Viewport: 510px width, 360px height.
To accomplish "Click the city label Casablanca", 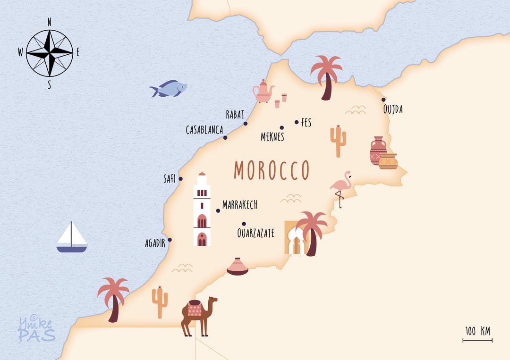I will [204, 130].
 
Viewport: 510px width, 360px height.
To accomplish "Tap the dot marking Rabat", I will [245, 124].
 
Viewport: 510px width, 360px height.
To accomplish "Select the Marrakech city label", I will [240, 205].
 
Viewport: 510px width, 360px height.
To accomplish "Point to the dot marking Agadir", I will [170, 240].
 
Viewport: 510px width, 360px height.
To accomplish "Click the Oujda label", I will [393, 110].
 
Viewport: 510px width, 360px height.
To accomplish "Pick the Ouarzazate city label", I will [255, 233].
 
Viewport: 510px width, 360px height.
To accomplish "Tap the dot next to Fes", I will [297, 122].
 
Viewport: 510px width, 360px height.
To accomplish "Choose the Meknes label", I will [272, 137].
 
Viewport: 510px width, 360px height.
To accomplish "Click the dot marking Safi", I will [180, 179].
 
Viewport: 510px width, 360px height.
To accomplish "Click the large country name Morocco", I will [272, 171].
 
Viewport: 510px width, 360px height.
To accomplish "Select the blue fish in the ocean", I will [169, 88].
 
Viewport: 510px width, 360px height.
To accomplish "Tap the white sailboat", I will [72, 238].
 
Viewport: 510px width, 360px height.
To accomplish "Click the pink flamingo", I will [340, 186].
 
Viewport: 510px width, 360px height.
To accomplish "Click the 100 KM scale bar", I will [477, 339].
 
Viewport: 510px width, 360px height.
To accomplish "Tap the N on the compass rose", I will [50, 22].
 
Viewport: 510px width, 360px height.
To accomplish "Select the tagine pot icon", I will [238, 267].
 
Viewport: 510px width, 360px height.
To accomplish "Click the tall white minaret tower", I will [202, 210].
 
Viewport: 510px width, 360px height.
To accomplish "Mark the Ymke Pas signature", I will [36, 329].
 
